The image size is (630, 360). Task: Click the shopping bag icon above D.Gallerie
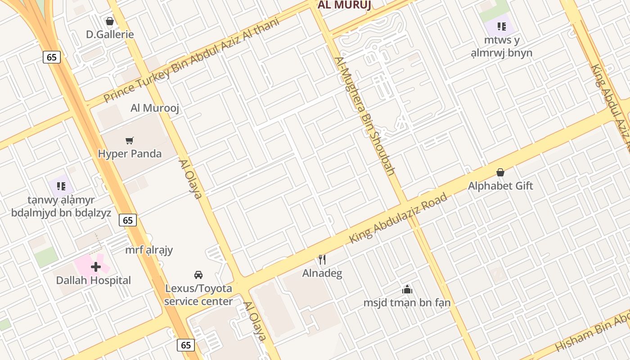pyautogui.click(x=109, y=21)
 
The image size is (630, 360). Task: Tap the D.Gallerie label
pyautogui.click(x=110, y=34)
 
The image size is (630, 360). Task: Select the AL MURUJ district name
pyautogui.click(x=344, y=5)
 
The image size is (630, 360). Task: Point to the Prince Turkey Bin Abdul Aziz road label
pyautogui.click(x=191, y=60)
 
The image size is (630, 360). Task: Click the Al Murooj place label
pyautogui.click(x=155, y=108)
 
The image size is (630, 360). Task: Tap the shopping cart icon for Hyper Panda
pyautogui.click(x=130, y=140)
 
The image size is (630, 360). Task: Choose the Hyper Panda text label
pyautogui.click(x=130, y=153)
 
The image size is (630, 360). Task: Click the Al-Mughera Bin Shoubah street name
pyautogui.click(x=365, y=116)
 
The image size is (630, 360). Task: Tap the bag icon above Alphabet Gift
pyautogui.click(x=500, y=172)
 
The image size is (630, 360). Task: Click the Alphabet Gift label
pyautogui.click(x=500, y=185)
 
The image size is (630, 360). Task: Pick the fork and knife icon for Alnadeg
pyautogui.click(x=322, y=260)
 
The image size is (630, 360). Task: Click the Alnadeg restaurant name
pyautogui.click(x=322, y=273)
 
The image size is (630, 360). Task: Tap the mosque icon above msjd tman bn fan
pyautogui.click(x=407, y=289)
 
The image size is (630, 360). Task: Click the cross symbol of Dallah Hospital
pyautogui.click(x=95, y=267)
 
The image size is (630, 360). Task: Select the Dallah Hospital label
pyautogui.click(x=94, y=280)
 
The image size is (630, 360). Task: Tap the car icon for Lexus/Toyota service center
pyautogui.click(x=198, y=274)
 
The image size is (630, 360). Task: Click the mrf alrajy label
pyautogui.click(x=149, y=250)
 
